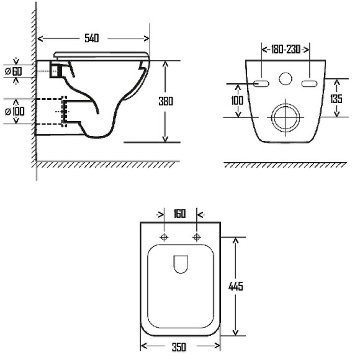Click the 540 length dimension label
pyautogui.click(x=92, y=38)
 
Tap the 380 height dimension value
pyautogui.click(x=166, y=101)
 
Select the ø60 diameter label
pyautogui.click(x=14, y=71)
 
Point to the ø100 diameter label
pyautogui.click(x=15, y=112)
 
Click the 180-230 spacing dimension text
pyautogui.click(x=286, y=50)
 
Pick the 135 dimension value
pyautogui.click(x=336, y=99)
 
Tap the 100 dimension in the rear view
pyautogui.click(x=237, y=101)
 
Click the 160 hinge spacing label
pyautogui.click(x=179, y=214)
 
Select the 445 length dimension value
pyautogui.click(x=236, y=286)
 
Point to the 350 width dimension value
pyautogui.click(x=179, y=347)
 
